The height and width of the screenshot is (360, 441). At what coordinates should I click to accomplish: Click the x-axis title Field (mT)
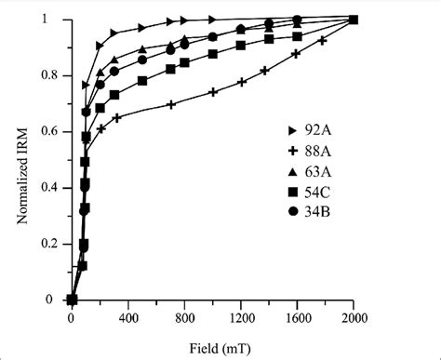click(212, 346)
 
